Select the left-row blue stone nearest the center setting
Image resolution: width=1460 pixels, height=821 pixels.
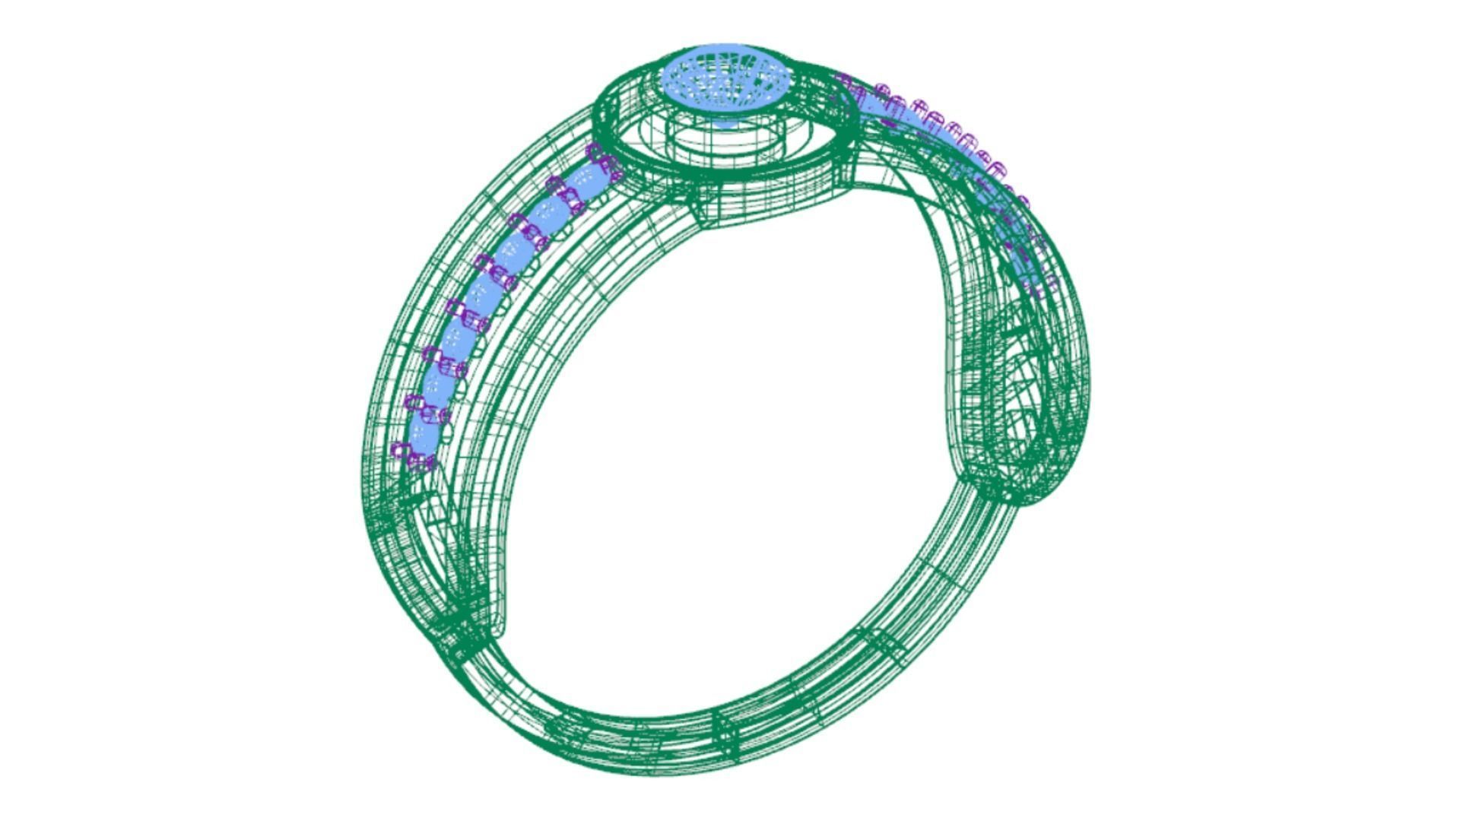tap(586, 181)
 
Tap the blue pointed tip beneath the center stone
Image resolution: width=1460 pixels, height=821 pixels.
tap(726, 122)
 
